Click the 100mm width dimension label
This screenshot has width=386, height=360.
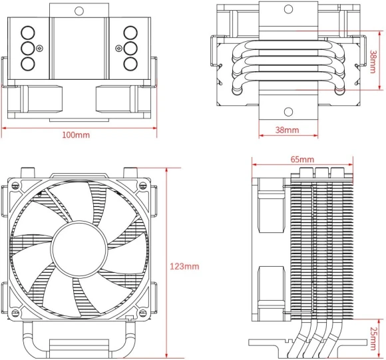[x=75, y=136]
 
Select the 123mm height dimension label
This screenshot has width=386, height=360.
[x=184, y=267]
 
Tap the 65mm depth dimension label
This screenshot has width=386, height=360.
[x=302, y=160]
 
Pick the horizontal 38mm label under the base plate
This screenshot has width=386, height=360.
[x=287, y=130]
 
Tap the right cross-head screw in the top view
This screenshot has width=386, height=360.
[x=118, y=48]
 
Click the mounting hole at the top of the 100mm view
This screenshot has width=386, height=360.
[x=79, y=11]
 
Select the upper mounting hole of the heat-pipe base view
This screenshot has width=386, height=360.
[x=288, y=9]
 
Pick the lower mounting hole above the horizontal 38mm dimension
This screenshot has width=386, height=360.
[x=288, y=111]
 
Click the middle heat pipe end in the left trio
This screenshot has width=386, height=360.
[x=28, y=48]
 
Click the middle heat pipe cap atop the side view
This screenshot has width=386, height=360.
[x=320, y=172]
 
